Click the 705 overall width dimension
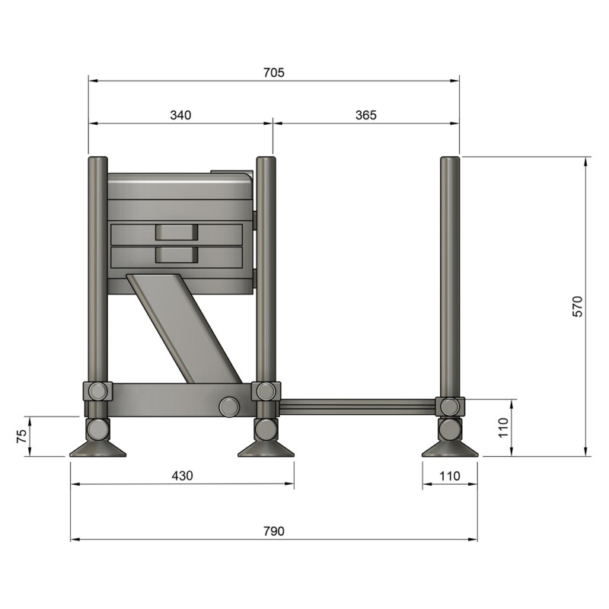coord(273,73)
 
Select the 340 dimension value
coord(180,115)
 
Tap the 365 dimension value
coord(365,115)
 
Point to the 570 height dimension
coord(577,306)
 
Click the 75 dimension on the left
coord(21,436)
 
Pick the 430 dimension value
coord(182,476)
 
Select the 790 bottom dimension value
coord(273,531)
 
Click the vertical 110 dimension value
coord(502,428)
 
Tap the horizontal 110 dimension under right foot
coord(450,476)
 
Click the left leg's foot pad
coord(97,449)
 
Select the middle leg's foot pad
coord(266,449)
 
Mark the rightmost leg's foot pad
coord(450,449)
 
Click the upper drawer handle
coord(176,233)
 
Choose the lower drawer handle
coord(176,254)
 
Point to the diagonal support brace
coord(183,327)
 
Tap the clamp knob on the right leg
coord(450,407)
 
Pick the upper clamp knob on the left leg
coord(97,391)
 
